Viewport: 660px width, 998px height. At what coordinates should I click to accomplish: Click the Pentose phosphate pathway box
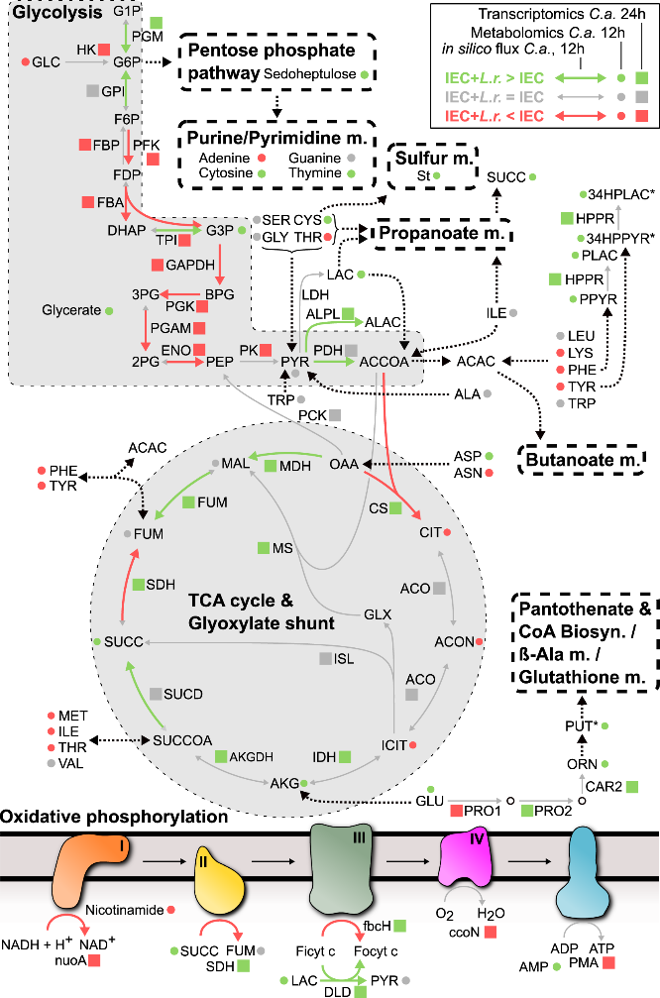point(277,61)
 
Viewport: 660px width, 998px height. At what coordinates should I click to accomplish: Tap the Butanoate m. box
point(583,460)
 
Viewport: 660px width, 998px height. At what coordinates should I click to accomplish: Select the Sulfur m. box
point(433,166)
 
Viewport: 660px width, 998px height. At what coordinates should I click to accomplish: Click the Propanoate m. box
point(442,233)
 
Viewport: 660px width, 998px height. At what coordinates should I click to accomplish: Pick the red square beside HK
point(104,49)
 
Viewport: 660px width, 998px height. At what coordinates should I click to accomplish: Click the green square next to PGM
point(157,23)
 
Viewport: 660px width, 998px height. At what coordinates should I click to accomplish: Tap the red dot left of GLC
point(26,61)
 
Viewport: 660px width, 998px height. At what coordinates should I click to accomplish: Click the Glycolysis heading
point(57,12)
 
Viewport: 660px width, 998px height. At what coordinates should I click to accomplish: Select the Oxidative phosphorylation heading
point(114,817)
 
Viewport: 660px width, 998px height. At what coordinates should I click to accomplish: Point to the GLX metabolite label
point(378,614)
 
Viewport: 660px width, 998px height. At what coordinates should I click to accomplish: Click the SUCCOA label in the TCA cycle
point(182,740)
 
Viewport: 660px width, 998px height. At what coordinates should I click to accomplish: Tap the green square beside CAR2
point(632,787)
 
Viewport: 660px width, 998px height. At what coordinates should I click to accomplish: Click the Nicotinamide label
point(125,910)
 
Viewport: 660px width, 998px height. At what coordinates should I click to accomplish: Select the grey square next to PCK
point(335,415)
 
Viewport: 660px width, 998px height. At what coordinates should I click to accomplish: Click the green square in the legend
point(642,78)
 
